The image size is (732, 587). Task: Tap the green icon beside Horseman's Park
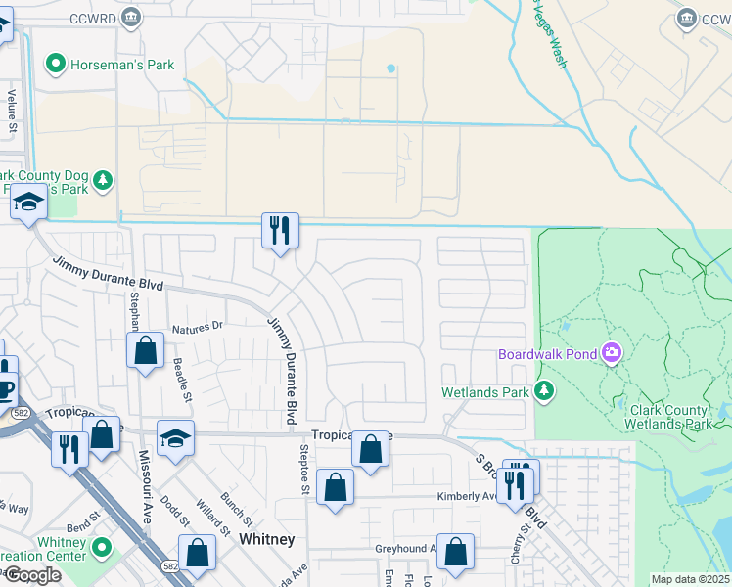pos(55,66)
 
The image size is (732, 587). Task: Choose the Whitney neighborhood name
pos(267,539)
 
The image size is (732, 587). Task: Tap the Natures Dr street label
pos(198,328)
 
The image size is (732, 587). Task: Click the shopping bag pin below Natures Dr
pos(145,349)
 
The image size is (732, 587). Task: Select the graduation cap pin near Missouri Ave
pos(176,437)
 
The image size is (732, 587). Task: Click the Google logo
pos(32,575)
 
